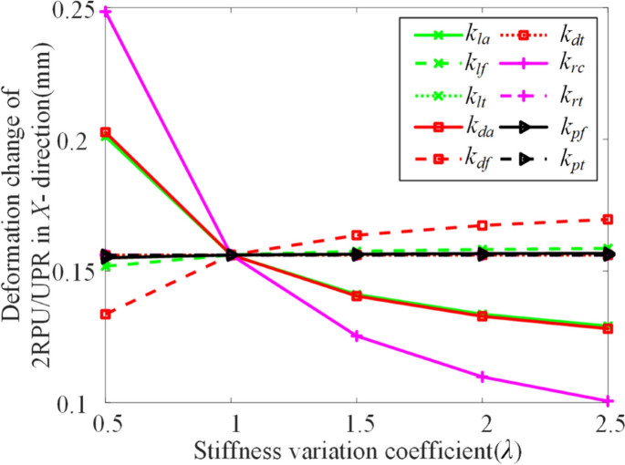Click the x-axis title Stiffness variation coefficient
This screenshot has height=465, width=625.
(355, 448)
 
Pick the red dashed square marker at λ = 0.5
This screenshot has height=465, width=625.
(106, 315)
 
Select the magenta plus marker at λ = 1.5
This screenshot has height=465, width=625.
(358, 336)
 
